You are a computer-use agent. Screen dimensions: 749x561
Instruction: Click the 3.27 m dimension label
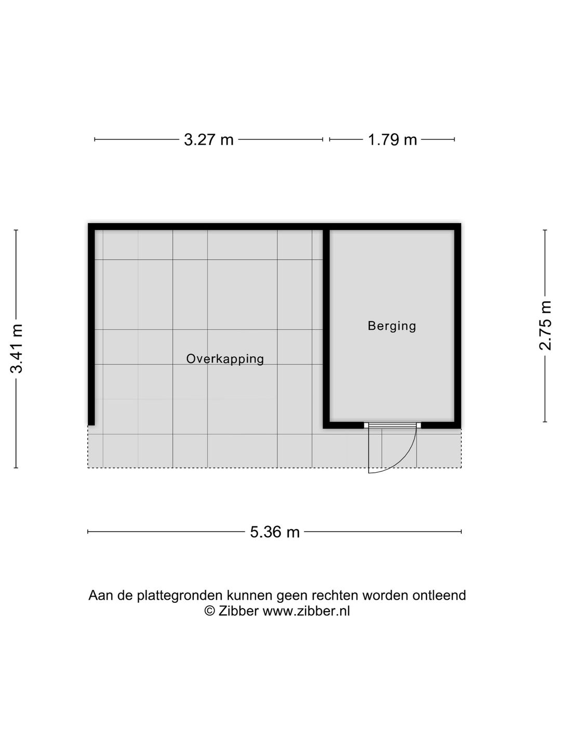(x=209, y=139)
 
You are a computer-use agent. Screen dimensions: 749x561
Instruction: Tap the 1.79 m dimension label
(x=392, y=139)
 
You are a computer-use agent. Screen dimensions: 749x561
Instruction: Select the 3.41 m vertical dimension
(x=17, y=348)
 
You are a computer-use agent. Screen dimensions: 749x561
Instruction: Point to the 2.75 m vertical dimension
(x=545, y=326)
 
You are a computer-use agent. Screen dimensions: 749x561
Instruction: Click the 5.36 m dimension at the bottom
(x=275, y=532)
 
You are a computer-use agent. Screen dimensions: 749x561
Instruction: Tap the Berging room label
(x=392, y=326)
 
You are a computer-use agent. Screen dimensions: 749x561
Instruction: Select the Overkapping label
(x=225, y=358)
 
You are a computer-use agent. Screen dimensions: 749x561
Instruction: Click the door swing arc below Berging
(x=408, y=458)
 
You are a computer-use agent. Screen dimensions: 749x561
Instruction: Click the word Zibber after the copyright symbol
(x=238, y=611)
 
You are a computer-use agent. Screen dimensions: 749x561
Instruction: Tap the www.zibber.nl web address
(x=306, y=611)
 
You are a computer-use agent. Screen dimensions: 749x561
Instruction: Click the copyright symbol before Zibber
(x=209, y=611)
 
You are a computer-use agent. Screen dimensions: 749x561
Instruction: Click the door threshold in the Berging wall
(x=392, y=425)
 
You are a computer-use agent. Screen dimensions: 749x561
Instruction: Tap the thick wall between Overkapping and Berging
(x=326, y=326)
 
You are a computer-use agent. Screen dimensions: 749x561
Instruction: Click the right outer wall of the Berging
(x=458, y=326)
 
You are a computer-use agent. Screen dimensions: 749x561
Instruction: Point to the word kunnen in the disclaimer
(x=252, y=595)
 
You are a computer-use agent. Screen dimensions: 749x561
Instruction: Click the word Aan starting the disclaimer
(x=101, y=595)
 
